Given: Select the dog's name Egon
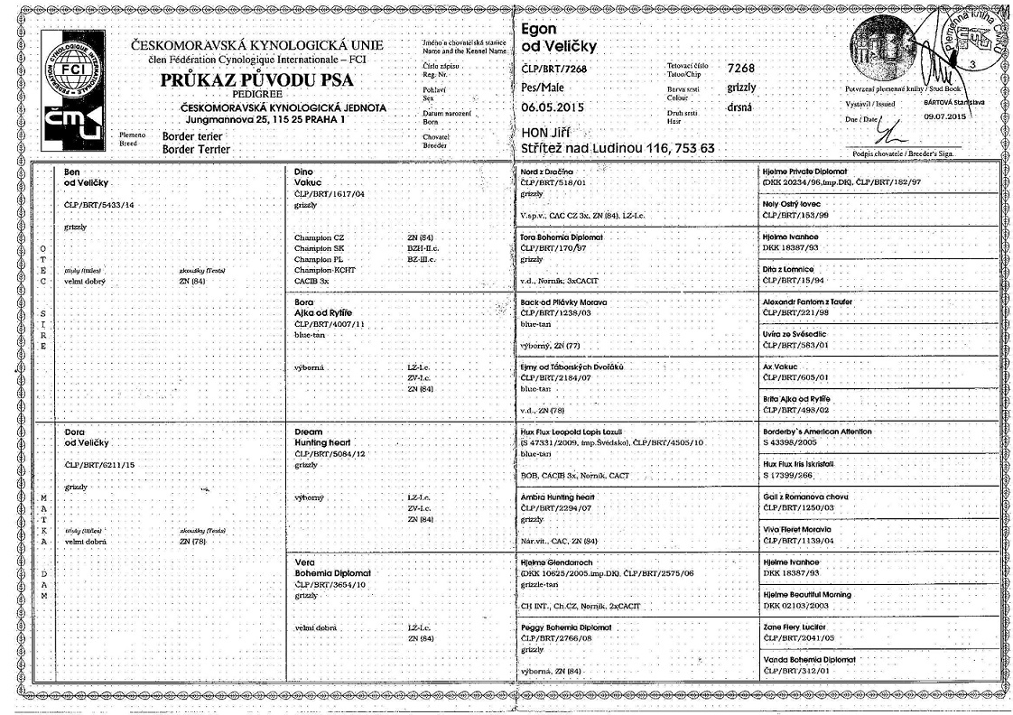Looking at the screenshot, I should pos(540,29).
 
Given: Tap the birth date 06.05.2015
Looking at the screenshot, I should pos(553,107).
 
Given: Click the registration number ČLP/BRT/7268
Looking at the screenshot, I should pos(554,69).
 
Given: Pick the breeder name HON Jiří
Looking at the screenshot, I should pos(550,132).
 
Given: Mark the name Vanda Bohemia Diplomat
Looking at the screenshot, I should pos(808,659).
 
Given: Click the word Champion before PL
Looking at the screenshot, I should pos(313,259).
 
